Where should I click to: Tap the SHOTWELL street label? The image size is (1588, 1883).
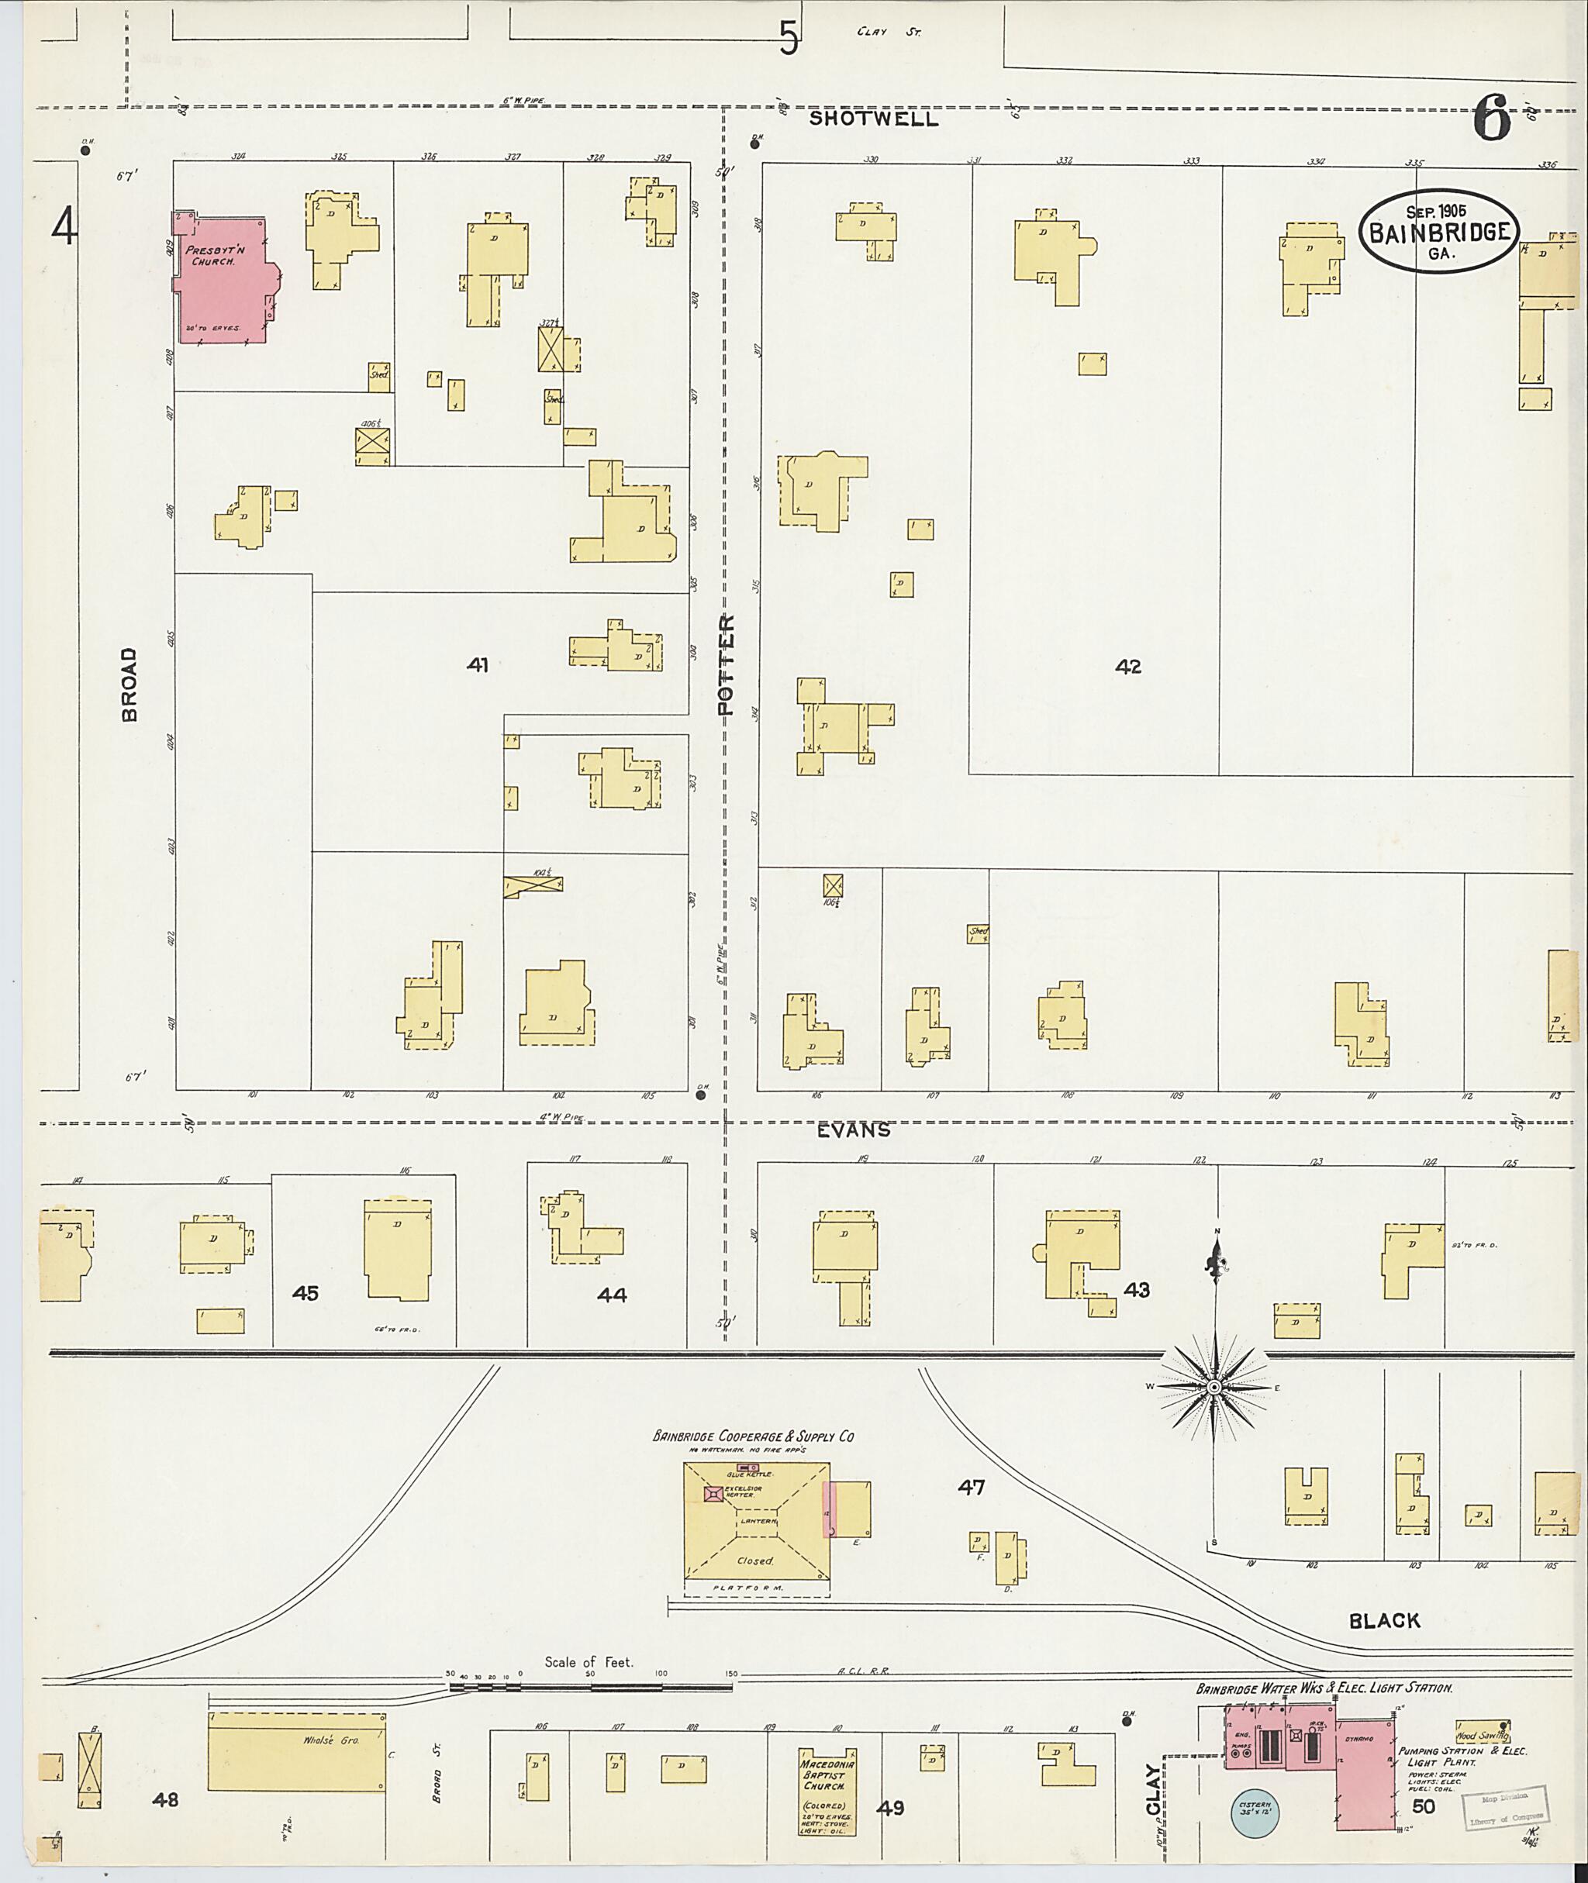pyautogui.click(x=873, y=119)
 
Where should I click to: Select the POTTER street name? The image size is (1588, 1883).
pyautogui.click(x=727, y=664)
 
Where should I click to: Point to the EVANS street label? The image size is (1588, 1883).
pyautogui.click(x=854, y=1130)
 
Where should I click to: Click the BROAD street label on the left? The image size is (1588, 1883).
pyautogui.click(x=130, y=684)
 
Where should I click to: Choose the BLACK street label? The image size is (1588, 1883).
pyautogui.click(x=1383, y=1621)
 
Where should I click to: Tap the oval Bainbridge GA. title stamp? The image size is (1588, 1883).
pyautogui.click(x=1438, y=231)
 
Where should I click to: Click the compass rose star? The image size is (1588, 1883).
pyautogui.click(x=1214, y=1387)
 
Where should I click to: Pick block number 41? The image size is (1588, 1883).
pyautogui.click(x=477, y=665)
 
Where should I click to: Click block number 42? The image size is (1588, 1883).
pyautogui.click(x=1127, y=667)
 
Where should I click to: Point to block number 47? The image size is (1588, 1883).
pyautogui.click(x=971, y=1488)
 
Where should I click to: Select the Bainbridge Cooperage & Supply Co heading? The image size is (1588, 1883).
pyautogui.click(x=753, y=1436)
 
